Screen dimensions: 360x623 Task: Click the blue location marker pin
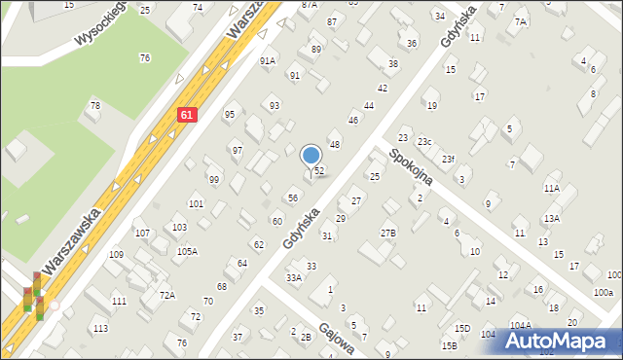(x=311, y=157)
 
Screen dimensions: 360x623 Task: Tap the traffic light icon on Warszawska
(x=33, y=297)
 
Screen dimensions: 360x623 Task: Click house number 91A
(x=268, y=60)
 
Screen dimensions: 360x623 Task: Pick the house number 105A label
(x=187, y=251)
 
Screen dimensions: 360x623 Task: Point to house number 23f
(x=448, y=159)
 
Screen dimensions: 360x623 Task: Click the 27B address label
(x=388, y=233)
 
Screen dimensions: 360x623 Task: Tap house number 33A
(x=293, y=277)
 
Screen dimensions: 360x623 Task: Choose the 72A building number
(x=167, y=295)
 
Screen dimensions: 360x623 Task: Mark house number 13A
(x=552, y=219)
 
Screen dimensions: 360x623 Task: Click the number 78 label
(x=94, y=105)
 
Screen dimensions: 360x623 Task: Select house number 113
(x=100, y=329)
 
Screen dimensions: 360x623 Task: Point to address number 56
(x=293, y=198)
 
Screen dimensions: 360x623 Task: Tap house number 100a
(x=604, y=292)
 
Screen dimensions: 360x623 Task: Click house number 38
(x=393, y=64)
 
